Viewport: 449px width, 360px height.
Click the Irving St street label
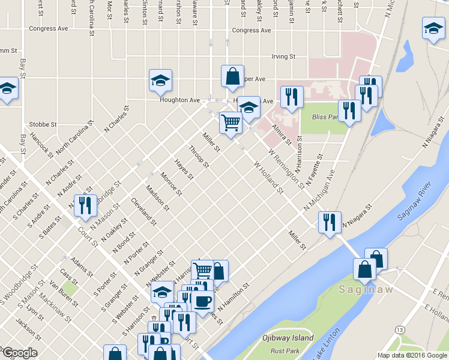(284, 57)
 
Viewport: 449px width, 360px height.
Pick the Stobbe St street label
(43, 125)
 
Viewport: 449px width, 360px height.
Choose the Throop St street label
(198, 157)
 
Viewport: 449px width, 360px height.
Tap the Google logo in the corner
(19, 353)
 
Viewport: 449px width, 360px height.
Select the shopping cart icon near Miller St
(230, 122)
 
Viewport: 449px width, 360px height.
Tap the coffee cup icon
(203, 301)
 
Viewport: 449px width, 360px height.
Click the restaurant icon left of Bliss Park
(292, 97)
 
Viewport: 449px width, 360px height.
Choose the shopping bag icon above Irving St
(232, 76)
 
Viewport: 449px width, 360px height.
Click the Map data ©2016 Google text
(412, 355)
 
